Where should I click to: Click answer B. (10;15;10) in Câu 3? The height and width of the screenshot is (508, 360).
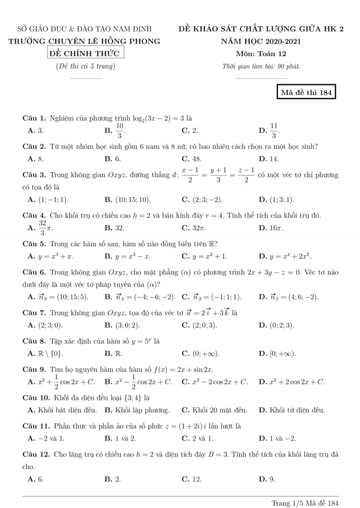click(x=127, y=199)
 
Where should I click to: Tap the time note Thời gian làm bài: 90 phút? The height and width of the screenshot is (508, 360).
click(x=261, y=66)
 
